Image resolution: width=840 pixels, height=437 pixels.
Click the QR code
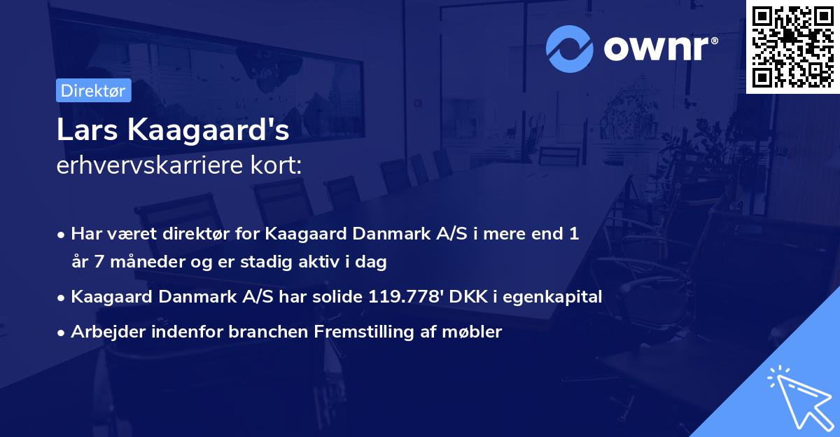793,46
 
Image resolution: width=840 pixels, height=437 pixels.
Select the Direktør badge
93,90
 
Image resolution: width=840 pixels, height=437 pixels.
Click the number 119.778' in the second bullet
401,297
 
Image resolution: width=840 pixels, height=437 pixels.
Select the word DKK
464,297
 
